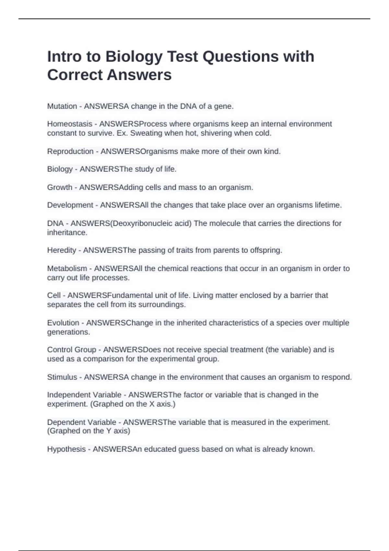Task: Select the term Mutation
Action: click(62, 106)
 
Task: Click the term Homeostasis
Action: click(69, 124)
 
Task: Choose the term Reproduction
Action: click(70, 151)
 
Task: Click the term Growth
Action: click(59, 187)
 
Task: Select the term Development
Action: click(70, 205)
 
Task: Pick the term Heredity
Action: click(62, 250)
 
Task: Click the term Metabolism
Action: click(67, 268)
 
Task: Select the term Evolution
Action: click(63, 323)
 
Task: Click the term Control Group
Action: click(71, 350)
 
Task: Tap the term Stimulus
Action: click(62, 377)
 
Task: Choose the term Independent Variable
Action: click(84, 395)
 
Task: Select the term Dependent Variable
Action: click(81, 422)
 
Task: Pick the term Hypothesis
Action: click(66, 449)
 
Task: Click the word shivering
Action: click(216, 133)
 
